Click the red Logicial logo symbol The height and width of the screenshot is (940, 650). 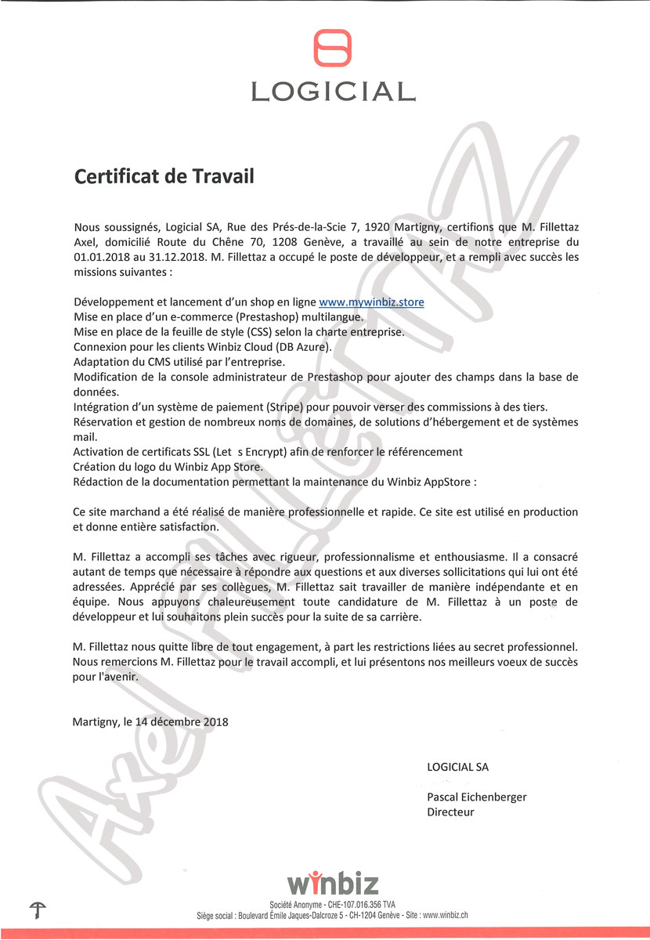[x=332, y=48]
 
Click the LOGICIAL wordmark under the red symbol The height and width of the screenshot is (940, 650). [x=332, y=92]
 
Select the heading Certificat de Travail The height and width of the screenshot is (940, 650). [x=164, y=175]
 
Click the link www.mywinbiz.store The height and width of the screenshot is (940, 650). [x=371, y=302]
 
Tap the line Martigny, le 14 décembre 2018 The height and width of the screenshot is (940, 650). [x=150, y=721]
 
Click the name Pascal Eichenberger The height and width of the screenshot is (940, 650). [x=476, y=797]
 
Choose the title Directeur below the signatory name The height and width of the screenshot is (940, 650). [x=450, y=812]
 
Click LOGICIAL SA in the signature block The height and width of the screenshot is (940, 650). [x=457, y=767]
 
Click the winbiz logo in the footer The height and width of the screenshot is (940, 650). [x=332, y=883]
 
